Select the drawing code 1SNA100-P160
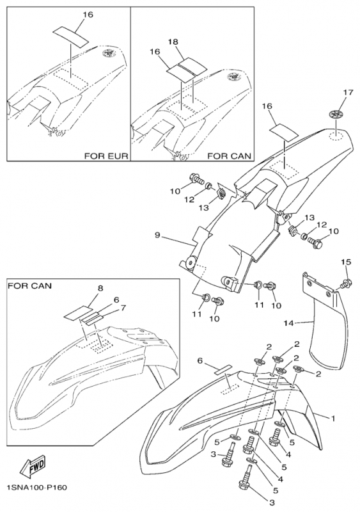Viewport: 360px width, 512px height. tap(37, 488)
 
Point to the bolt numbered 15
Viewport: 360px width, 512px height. tap(346, 282)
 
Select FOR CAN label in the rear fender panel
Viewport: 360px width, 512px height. tap(228, 156)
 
